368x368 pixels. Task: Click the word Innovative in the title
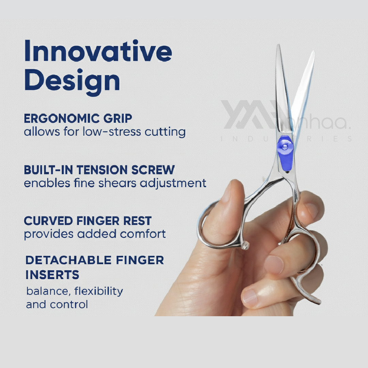(x=98, y=50)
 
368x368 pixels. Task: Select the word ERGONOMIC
(x=62, y=119)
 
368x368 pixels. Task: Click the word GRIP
(x=118, y=119)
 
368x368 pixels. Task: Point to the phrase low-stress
(x=112, y=131)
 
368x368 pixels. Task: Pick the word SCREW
(x=153, y=170)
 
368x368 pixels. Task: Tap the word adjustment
(x=173, y=183)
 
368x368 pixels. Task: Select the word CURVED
(x=48, y=221)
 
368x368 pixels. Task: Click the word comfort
(x=143, y=234)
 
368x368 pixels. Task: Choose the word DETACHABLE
(x=68, y=260)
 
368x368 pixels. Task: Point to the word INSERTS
(x=52, y=275)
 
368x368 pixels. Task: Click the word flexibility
(x=98, y=291)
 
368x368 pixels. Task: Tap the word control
(x=69, y=305)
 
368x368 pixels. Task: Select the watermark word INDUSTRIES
(x=286, y=139)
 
